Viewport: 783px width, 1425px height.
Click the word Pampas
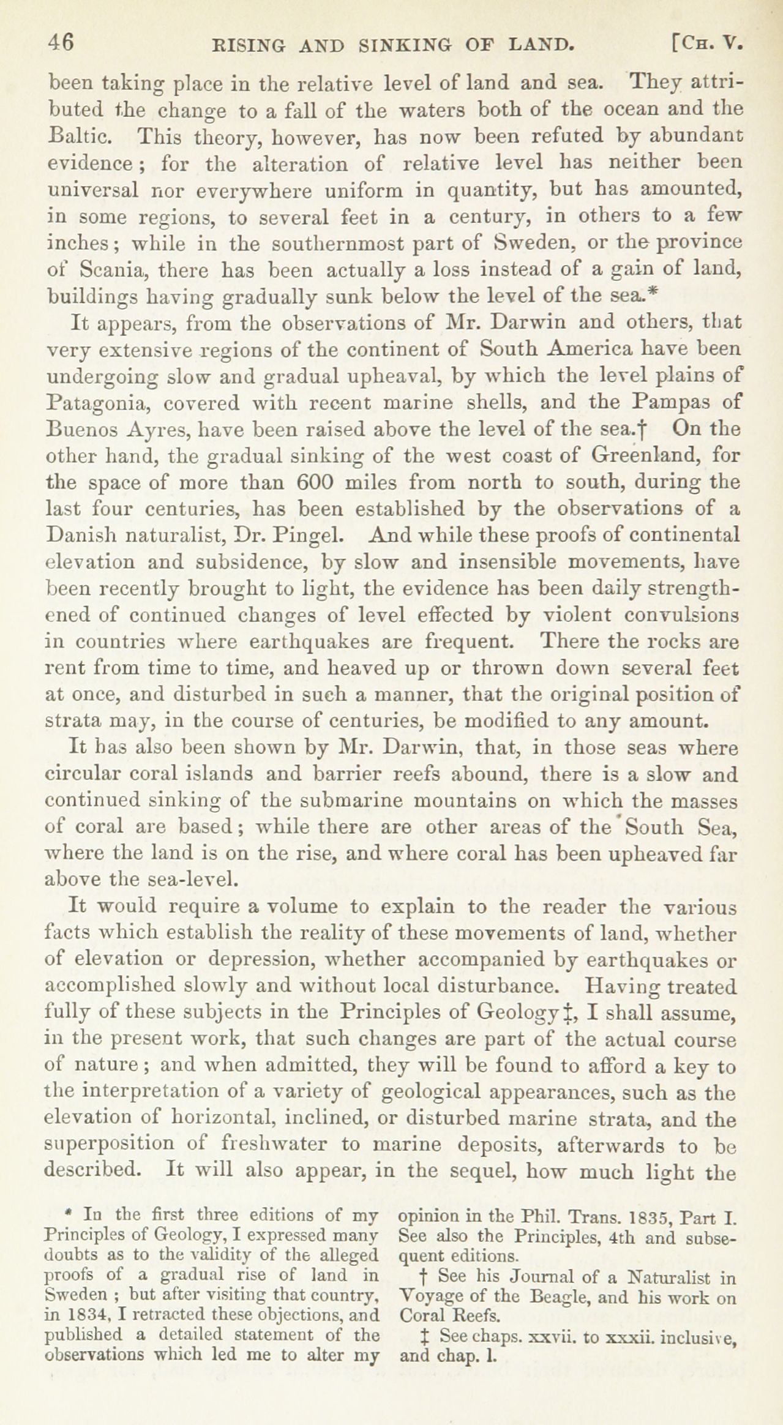[x=678, y=403]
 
